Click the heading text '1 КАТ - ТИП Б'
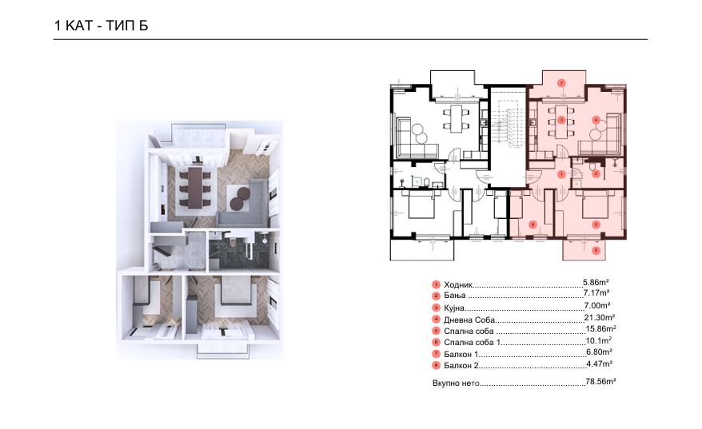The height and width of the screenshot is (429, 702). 101,26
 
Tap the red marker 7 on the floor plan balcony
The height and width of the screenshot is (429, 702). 561,83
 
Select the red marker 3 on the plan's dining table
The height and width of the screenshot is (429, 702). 561,120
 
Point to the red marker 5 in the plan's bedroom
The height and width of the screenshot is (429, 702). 596,224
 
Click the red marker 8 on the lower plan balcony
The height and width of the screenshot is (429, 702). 596,251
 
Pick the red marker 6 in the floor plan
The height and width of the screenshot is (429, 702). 532,224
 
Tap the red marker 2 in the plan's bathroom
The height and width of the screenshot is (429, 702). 596,174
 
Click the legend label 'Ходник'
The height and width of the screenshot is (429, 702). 458,284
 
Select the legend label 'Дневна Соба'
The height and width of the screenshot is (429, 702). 469,320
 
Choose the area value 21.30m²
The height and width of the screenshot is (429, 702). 600,318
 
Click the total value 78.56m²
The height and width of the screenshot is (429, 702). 600,382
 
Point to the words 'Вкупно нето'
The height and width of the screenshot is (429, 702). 456,383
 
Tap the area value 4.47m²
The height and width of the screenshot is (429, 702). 599,363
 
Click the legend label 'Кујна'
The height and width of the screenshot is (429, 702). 454,308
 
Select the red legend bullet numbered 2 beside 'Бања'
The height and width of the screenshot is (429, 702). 436,296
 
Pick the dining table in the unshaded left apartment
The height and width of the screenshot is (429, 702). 457,118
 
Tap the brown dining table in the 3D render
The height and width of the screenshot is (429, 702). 195,188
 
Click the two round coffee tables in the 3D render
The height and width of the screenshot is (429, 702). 240,199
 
